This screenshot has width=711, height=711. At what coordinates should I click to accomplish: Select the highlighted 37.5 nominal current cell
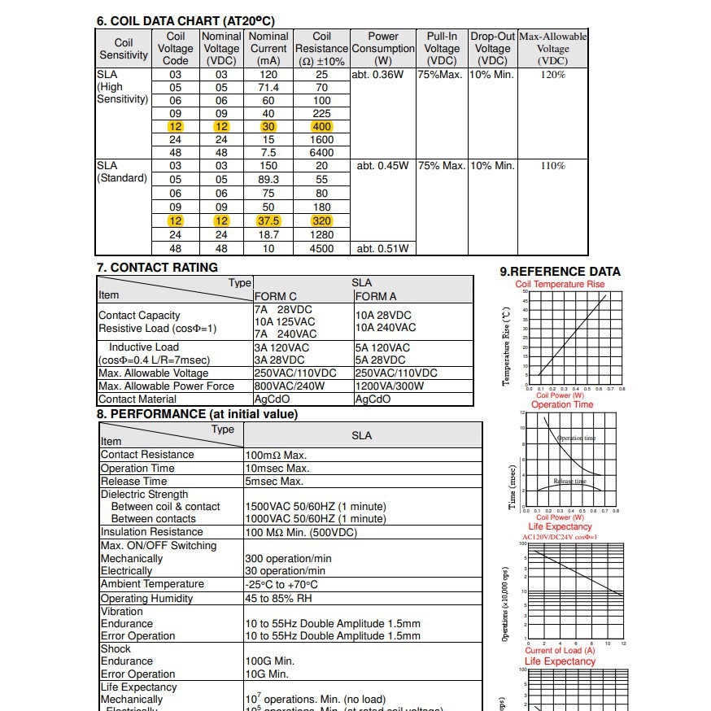coord(268,221)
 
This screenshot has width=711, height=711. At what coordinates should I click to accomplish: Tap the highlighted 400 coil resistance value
coord(321,127)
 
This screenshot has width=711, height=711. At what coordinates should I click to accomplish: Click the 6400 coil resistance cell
coord(321,153)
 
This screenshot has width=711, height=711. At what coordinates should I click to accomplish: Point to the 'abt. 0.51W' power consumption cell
coord(382,248)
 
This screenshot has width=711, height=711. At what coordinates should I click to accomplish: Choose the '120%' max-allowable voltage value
coord(552,75)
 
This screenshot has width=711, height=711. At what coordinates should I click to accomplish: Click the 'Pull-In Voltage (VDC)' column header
coord(442,49)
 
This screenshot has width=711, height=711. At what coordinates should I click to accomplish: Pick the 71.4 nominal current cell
coord(268,88)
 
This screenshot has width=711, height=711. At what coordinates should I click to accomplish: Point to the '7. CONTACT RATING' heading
coord(157,268)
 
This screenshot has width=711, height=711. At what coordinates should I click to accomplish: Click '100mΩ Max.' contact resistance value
coord(276,456)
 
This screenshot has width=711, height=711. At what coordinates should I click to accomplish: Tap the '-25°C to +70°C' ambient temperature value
coord(281,585)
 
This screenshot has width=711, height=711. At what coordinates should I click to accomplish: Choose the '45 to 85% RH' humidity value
coord(278,599)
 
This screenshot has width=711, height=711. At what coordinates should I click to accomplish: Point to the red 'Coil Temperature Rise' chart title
coord(561,285)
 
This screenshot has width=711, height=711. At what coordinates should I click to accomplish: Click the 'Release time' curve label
coord(569,482)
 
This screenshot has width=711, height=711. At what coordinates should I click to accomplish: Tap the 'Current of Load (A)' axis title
coord(560,651)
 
